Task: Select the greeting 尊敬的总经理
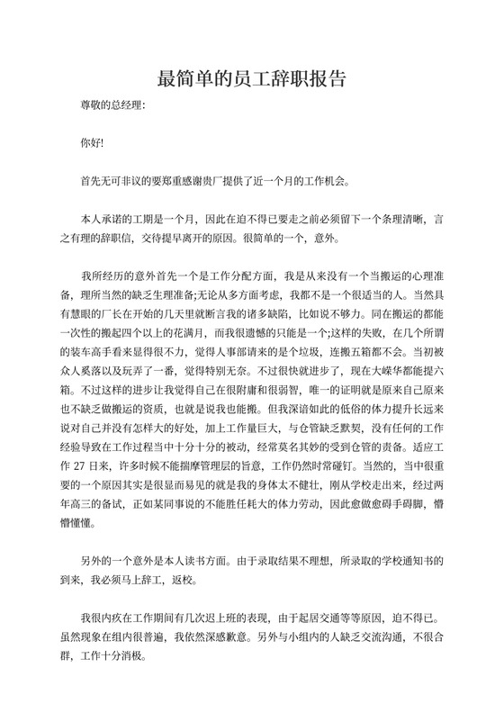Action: coord(112,105)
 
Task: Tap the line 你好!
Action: coord(92,142)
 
